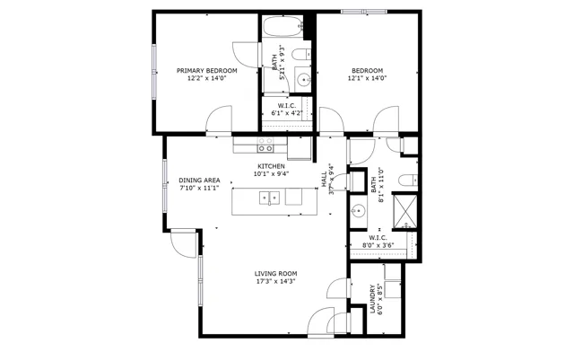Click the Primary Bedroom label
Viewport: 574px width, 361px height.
207,70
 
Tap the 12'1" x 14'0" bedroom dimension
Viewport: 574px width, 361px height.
367,78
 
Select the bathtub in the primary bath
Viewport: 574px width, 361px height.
283,26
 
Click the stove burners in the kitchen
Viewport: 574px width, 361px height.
265,145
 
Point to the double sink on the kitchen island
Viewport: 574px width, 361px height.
269,198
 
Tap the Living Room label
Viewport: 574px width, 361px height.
275,273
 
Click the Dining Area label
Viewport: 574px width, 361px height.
199,180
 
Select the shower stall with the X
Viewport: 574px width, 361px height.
404,211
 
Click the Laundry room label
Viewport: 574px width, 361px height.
373,299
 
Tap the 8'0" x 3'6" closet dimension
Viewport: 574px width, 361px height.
378,245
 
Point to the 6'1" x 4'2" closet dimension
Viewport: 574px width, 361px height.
287,113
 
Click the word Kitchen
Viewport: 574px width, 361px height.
271,166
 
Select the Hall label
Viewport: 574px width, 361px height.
324,180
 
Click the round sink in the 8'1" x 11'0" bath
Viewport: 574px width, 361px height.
359,211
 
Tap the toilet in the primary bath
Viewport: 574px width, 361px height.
301,55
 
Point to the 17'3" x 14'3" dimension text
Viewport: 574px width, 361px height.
275,281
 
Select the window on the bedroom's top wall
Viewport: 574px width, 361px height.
364,12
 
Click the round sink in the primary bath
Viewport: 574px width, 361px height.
303,79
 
